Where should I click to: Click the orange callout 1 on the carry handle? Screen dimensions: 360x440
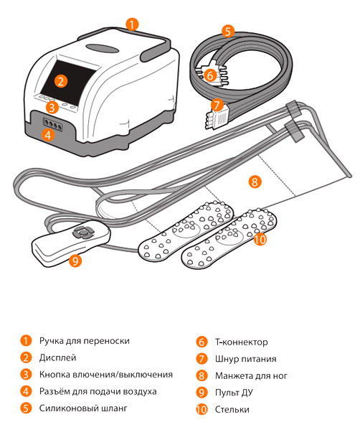(132, 24)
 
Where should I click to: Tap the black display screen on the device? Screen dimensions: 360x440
(68, 82)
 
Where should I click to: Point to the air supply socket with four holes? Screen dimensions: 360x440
(52, 123)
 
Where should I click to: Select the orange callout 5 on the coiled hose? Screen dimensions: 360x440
(228, 31)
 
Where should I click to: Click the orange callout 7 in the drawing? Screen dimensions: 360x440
(217, 106)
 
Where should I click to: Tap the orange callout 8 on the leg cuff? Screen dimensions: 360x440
(255, 182)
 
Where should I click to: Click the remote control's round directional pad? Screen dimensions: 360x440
(83, 232)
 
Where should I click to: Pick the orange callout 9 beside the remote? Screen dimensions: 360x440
(75, 261)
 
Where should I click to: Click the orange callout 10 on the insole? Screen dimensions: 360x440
(260, 239)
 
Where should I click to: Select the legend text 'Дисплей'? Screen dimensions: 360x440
(58, 357)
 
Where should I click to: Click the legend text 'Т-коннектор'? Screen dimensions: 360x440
(242, 342)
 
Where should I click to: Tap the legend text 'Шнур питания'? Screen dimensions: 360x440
(245, 359)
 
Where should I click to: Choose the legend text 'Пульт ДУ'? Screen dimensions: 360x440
(234, 393)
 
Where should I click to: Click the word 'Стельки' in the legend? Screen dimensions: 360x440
(232, 409)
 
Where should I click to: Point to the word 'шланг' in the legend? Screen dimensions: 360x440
(113, 408)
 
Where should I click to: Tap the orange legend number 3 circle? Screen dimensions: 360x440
(26, 375)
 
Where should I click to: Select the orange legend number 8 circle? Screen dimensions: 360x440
(202, 375)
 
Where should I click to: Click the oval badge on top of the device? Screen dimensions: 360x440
(103, 48)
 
